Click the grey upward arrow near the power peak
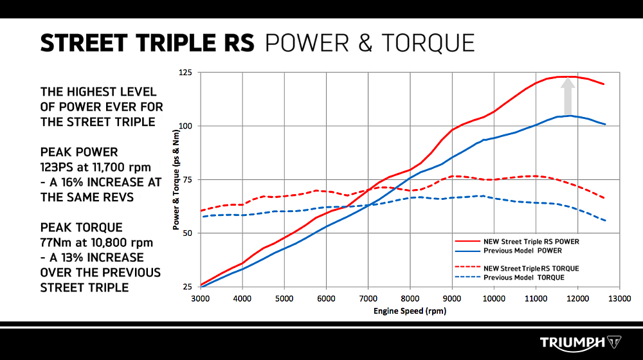pyautogui.click(x=568, y=96)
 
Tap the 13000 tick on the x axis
pyautogui.click(x=619, y=298)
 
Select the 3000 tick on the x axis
pyautogui.click(x=201, y=298)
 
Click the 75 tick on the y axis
pyautogui.click(x=187, y=179)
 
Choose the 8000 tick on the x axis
pyautogui.click(x=410, y=298)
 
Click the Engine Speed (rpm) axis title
pyautogui.click(x=410, y=311)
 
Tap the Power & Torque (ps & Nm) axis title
pyautogui.click(x=175, y=180)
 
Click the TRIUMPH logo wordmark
pyautogui.click(x=572, y=342)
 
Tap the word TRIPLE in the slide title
pyautogui.click(x=165, y=42)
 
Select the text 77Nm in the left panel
pyautogui.click(x=59, y=242)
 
